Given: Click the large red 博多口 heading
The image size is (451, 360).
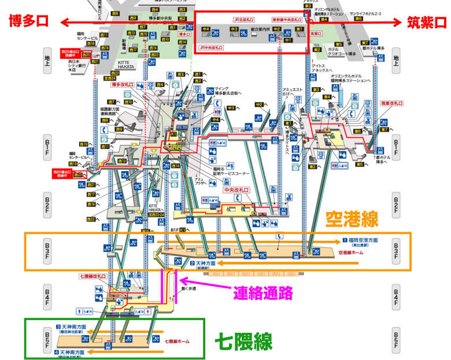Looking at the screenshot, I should pyautogui.click(x=28, y=23).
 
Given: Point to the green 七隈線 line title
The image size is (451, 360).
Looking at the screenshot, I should pyautogui.click(x=243, y=341).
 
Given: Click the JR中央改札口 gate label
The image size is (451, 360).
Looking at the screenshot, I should pyautogui.click(x=212, y=47).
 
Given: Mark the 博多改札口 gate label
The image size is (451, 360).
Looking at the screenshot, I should pyautogui.click(x=123, y=85).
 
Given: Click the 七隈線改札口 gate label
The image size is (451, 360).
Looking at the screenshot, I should pyautogui.click(x=93, y=276).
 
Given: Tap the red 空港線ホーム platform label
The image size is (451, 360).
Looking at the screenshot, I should pyautogui.click(x=350, y=253).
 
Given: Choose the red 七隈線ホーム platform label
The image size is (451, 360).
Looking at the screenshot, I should pyautogui.click(x=176, y=342).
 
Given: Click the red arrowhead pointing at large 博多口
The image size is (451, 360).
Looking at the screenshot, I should pyautogui.click(x=64, y=23).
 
